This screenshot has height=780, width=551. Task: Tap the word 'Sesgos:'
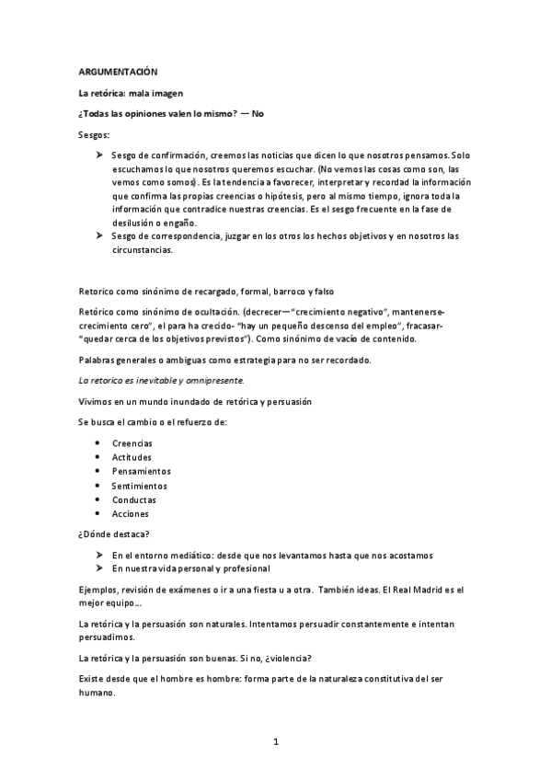point(93,135)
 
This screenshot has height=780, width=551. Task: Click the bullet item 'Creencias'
point(132,442)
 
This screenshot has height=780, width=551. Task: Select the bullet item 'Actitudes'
point(132,457)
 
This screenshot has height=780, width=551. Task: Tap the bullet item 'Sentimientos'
point(139,486)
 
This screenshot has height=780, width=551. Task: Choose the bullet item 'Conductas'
point(134,499)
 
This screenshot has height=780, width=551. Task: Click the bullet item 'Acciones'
point(130,514)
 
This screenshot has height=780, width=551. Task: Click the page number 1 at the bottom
point(275,740)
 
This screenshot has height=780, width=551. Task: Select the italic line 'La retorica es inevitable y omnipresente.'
point(161,379)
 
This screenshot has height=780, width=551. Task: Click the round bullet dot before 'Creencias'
point(98,442)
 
